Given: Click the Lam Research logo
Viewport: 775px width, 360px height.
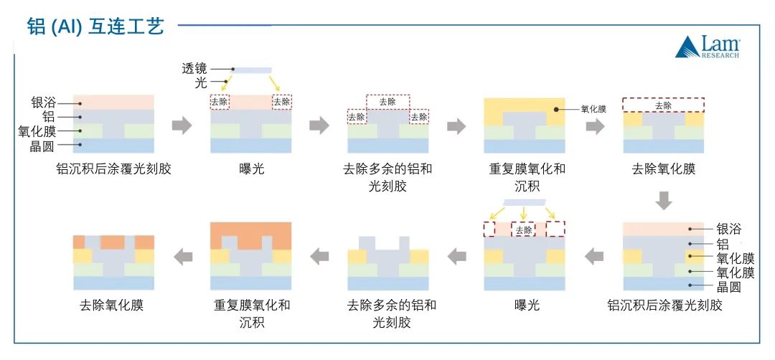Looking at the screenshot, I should coord(707,47).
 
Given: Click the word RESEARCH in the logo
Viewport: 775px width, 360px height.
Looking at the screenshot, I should coord(719,55).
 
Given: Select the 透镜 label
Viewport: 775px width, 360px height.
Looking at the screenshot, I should coord(194,69).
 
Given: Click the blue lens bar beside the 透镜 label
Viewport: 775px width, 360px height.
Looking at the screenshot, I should coord(253,70).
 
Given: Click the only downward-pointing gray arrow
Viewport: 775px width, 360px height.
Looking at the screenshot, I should coord(664,201).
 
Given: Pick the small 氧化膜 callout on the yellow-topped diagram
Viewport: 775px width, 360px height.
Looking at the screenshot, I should coord(593,110).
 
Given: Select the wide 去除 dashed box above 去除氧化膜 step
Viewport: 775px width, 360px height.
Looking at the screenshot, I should coord(663,105).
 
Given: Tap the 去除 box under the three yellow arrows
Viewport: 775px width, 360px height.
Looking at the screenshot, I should coord(524,230).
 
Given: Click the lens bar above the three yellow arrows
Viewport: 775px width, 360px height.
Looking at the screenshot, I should coord(524,202).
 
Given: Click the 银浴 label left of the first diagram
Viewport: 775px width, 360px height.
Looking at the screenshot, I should coord(44,103).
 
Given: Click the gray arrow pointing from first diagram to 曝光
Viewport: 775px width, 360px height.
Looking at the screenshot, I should coord(182,126).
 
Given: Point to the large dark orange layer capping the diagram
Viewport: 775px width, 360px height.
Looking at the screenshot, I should coord(250,234).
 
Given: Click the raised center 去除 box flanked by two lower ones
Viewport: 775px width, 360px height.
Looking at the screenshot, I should coord(387,102).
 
